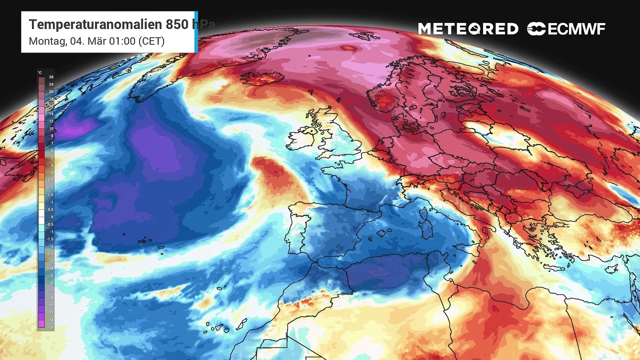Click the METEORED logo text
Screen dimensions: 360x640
click(x=468, y=29)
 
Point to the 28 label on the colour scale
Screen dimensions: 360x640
click(x=51, y=77)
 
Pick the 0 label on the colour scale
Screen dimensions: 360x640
click(x=51, y=217)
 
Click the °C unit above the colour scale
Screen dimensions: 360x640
click(x=39, y=72)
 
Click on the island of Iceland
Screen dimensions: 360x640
click(x=262, y=79)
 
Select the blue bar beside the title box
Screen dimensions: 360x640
click(x=196, y=32)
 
